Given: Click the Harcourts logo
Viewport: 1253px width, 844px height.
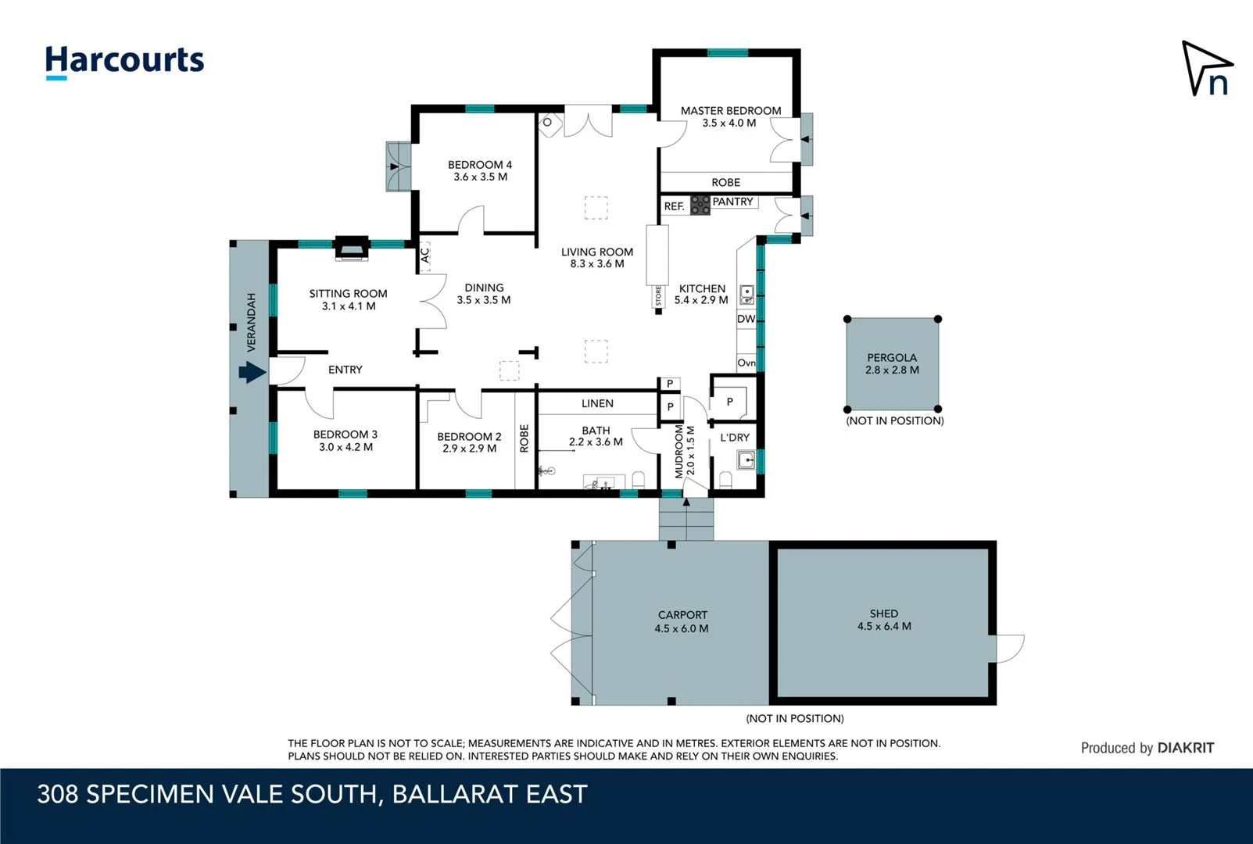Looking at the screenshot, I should coord(124,61).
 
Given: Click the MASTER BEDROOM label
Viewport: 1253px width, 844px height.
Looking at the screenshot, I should coord(730,111).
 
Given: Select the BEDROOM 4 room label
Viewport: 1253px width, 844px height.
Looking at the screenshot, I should coord(479,165).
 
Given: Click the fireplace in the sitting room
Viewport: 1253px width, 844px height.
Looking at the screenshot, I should coord(351,247).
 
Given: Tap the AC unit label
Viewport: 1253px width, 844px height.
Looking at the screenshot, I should coord(425,256).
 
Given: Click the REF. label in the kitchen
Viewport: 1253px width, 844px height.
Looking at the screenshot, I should coord(674,206).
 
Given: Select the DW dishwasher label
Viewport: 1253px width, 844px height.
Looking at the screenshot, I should coord(746,319).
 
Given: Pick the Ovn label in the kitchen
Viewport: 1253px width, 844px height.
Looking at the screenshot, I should coord(746,363).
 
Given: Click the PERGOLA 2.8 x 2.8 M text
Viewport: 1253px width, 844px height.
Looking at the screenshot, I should coord(892,364).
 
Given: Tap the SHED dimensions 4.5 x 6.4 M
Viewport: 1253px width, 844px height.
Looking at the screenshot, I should coord(884,627).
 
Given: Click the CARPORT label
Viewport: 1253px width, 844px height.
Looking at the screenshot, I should coord(682,615).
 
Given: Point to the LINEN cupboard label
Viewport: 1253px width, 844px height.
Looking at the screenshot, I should coord(597,403).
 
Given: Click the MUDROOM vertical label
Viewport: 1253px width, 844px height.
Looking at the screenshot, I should coord(679,452).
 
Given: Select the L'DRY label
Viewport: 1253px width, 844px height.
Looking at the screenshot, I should coord(735,438).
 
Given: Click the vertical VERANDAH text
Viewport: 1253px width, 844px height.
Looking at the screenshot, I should coord(252,322).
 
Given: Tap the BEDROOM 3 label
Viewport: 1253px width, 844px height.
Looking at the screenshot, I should coord(345,435).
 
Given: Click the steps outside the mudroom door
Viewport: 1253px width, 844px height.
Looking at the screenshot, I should coord(686,519).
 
